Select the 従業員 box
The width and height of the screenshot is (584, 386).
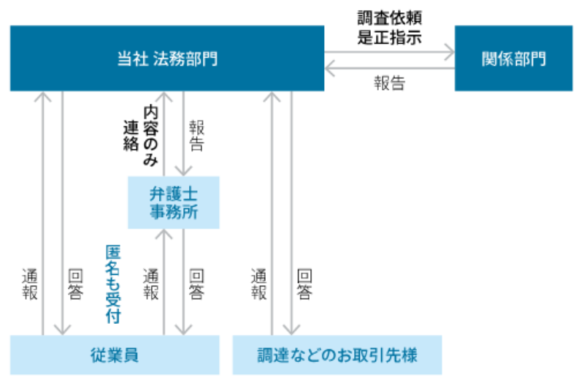click(115, 355)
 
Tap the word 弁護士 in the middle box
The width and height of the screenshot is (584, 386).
click(174, 194)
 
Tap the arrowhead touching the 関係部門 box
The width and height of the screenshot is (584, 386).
click(447, 52)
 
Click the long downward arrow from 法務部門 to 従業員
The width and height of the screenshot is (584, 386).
click(63, 212)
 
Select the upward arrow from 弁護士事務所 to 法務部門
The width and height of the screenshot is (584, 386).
click(164, 132)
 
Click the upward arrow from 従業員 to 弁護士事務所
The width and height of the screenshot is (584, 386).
click(164, 281)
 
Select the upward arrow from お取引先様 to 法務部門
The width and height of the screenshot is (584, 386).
click(272, 212)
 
